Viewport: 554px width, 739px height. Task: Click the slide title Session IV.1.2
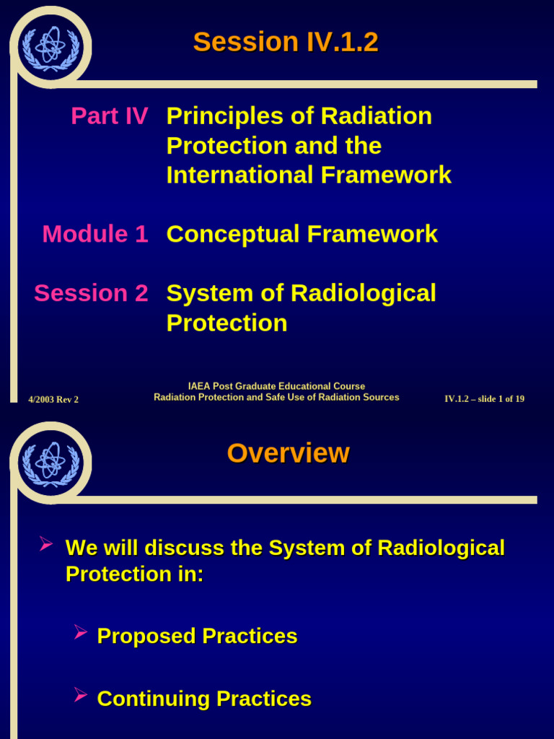(286, 42)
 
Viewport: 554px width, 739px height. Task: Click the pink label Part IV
(110, 116)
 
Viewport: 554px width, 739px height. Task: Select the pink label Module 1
(95, 234)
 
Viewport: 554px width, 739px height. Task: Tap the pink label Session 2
(91, 293)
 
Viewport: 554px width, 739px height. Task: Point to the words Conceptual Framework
(302, 234)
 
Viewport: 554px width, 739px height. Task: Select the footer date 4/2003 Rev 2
(53, 399)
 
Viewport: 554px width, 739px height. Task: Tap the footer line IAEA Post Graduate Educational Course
(276, 386)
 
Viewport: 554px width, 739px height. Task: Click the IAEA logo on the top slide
(50, 48)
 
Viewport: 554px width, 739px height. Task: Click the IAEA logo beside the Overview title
(50, 463)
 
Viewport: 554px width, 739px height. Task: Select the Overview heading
(288, 453)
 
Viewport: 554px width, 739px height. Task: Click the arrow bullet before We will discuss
(46, 543)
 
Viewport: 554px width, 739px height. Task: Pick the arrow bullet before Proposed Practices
(81, 633)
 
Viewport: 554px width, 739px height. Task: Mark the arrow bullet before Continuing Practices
(81, 695)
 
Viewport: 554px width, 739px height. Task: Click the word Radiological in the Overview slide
(441, 548)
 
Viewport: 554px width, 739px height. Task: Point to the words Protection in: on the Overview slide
(135, 574)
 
